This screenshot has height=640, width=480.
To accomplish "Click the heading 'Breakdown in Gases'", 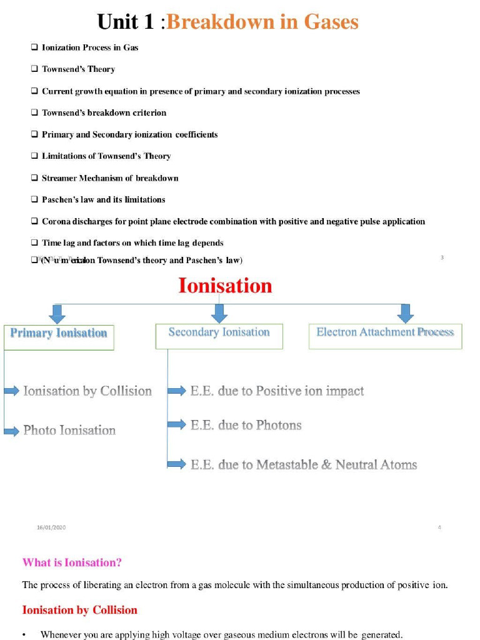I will click(x=262, y=22).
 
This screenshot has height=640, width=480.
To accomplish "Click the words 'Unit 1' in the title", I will click(x=125, y=22).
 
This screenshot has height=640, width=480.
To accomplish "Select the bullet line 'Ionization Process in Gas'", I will click(x=89, y=47).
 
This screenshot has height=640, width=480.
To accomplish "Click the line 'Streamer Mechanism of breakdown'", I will click(x=110, y=178).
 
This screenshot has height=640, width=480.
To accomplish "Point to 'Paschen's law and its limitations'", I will click(x=103, y=200).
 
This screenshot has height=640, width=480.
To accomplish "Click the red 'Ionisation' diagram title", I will click(x=225, y=286).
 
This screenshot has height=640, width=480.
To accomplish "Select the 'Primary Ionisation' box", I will click(x=59, y=336).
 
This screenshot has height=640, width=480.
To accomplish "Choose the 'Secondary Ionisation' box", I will click(x=219, y=336).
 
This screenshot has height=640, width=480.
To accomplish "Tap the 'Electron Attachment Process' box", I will click(x=385, y=336).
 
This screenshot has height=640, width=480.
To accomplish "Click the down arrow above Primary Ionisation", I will click(x=57, y=313).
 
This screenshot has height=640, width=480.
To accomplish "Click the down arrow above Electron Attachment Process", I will click(x=406, y=313).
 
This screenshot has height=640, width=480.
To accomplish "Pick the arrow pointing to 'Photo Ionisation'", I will click(x=12, y=431).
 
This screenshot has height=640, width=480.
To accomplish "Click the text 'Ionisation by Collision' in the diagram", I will click(x=87, y=391).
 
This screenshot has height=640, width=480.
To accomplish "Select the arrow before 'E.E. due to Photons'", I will click(x=177, y=425).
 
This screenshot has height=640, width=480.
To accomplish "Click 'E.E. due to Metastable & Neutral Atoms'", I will click(x=303, y=464).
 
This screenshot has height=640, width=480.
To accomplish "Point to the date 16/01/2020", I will click(x=51, y=527).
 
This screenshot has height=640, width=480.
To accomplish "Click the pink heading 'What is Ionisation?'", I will click(x=72, y=562).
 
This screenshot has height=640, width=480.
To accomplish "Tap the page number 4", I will click(x=439, y=527).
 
